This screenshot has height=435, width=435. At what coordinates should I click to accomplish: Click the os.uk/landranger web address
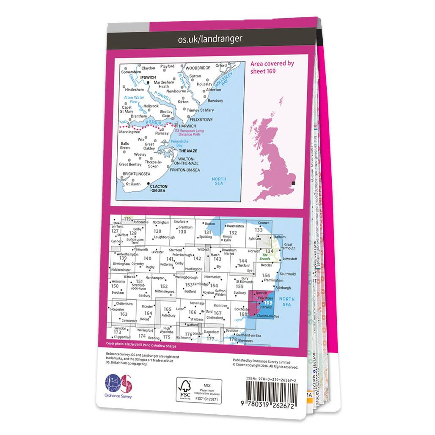coord(210,39)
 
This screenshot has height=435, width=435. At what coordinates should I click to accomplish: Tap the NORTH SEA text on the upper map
coord(219,181)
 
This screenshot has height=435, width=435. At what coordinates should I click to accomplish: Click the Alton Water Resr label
coord(133,100)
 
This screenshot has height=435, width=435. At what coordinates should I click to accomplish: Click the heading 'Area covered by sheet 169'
coord(272,67)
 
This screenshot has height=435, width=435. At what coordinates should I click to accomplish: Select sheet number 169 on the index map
coord(267,303)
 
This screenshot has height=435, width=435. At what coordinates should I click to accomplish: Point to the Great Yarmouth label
coord(288,247)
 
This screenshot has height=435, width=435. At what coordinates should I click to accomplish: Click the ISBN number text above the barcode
coord(271,380)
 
